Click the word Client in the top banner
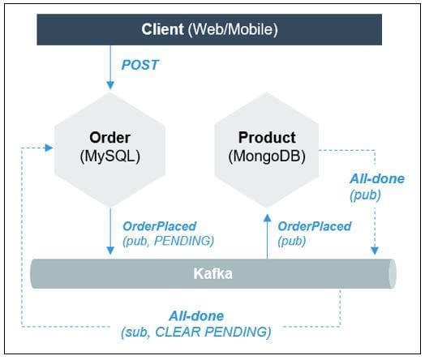162,29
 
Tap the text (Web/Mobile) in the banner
233,30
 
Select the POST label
140,65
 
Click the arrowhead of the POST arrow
110,85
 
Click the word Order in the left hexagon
109,137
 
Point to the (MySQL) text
110,156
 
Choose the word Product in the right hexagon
267,137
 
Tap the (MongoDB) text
267,156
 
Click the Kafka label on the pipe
212,273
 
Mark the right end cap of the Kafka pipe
393,273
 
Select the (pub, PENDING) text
169,241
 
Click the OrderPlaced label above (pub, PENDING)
159,226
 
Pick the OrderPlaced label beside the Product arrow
315,226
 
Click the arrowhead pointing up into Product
268,218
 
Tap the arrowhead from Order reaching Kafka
110,251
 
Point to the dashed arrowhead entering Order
49,148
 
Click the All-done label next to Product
377,178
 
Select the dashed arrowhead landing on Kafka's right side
375,251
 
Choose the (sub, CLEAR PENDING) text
196,332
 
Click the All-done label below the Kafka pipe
196,316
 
